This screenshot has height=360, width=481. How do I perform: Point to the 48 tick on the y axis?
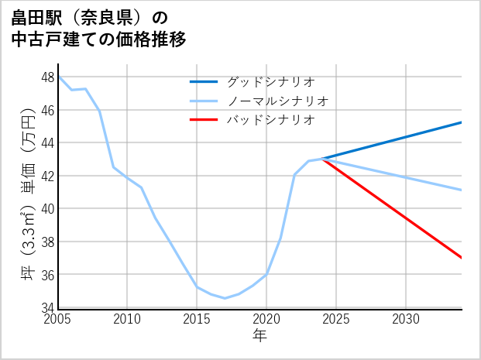(x=47, y=77)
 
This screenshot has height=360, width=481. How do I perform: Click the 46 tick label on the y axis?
(x=47, y=111)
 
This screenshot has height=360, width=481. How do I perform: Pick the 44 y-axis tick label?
(x=47, y=143)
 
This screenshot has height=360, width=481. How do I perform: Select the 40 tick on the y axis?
(x=47, y=209)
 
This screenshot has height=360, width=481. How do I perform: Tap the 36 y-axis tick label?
(x=47, y=275)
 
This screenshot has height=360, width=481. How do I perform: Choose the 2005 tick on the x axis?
(x=58, y=319)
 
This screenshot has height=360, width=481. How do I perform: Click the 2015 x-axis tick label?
(x=198, y=319)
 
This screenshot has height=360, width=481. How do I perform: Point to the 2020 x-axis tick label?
(x=266, y=319)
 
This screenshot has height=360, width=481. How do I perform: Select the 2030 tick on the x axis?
(x=406, y=319)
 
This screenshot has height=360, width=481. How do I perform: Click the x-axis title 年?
(x=259, y=335)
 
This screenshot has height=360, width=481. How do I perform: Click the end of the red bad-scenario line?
(x=462, y=258)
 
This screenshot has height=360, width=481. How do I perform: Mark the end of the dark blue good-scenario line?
(x=462, y=122)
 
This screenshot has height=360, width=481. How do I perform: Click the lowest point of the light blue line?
(x=225, y=298)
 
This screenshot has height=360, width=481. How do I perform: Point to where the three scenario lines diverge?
(x=322, y=159)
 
